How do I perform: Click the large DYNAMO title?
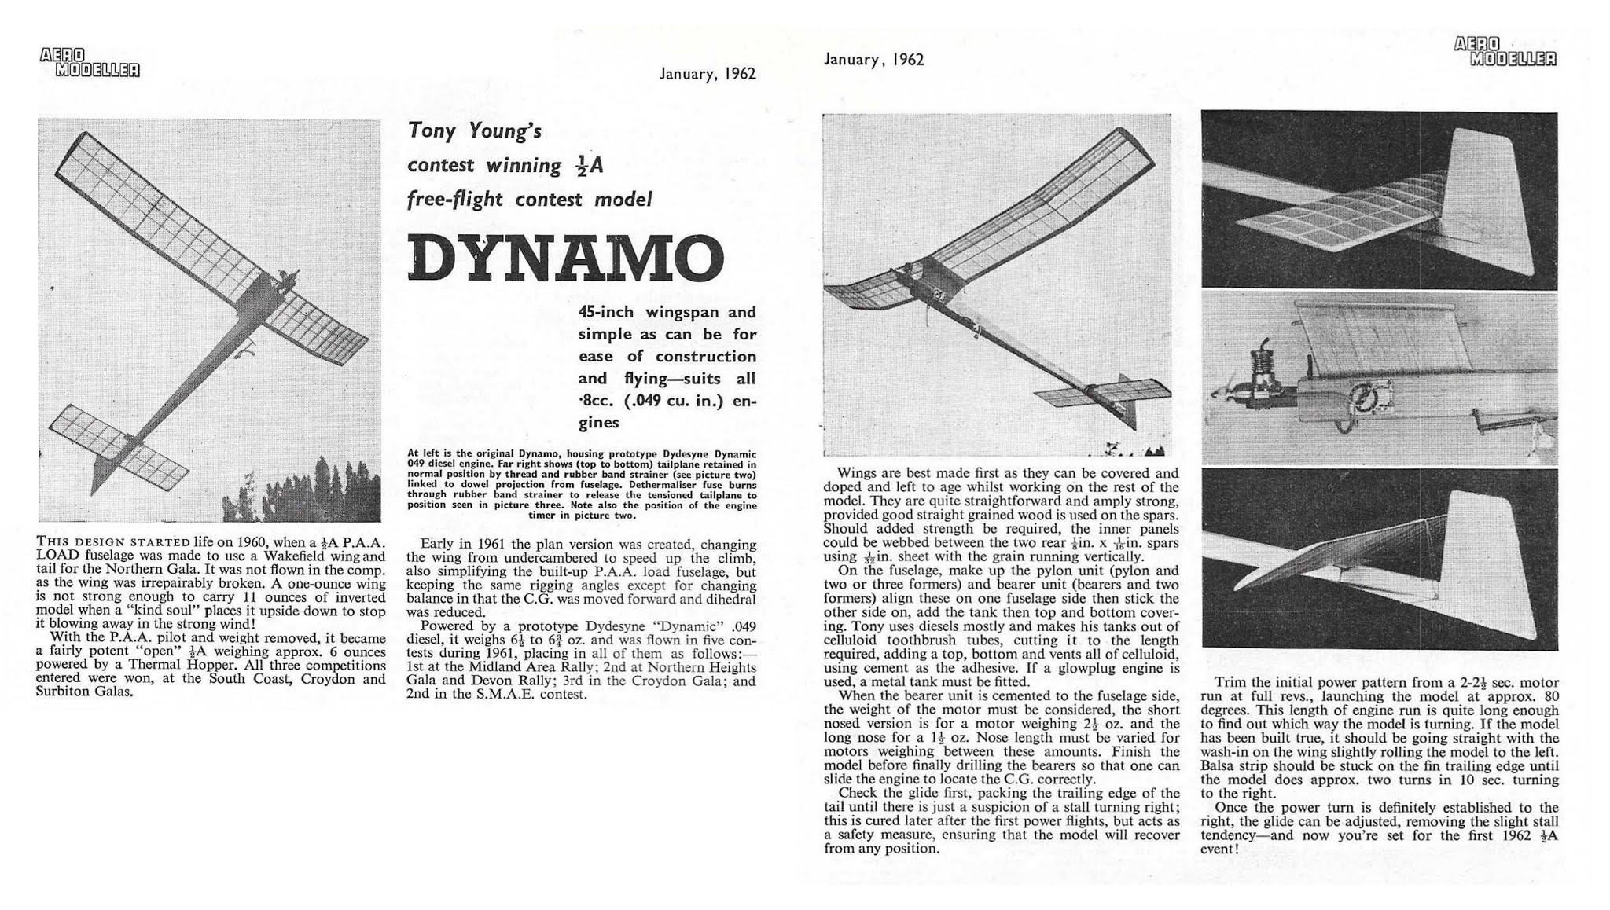[564, 258]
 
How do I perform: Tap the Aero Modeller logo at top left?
[89, 62]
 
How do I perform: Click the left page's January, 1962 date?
[708, 74]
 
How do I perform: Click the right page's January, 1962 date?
[873, 60]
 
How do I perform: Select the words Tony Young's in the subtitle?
[475, 130]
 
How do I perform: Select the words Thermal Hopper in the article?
[154, 665]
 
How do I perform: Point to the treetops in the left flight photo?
[314, 487]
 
